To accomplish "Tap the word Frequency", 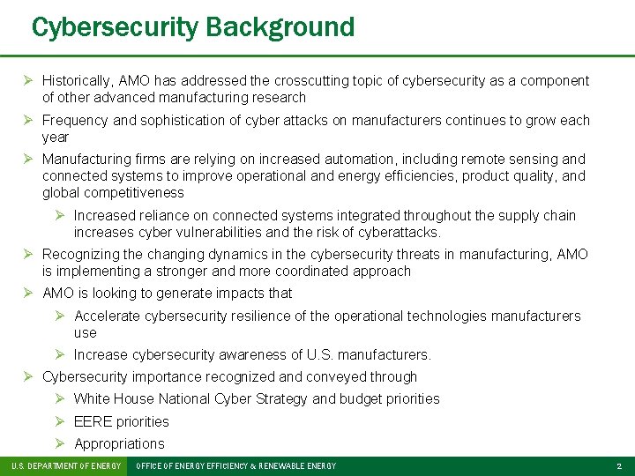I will pyautogui.click(x=75, y=120).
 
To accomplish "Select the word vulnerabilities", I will pyautogui.click(x=224, y=233).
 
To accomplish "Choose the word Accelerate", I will pyautogui.click(x=107, y=316).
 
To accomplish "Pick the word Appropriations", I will pyautogui.click(x=119, y=443).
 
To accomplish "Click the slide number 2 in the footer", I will pyautogui.click(x=619, y=465).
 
